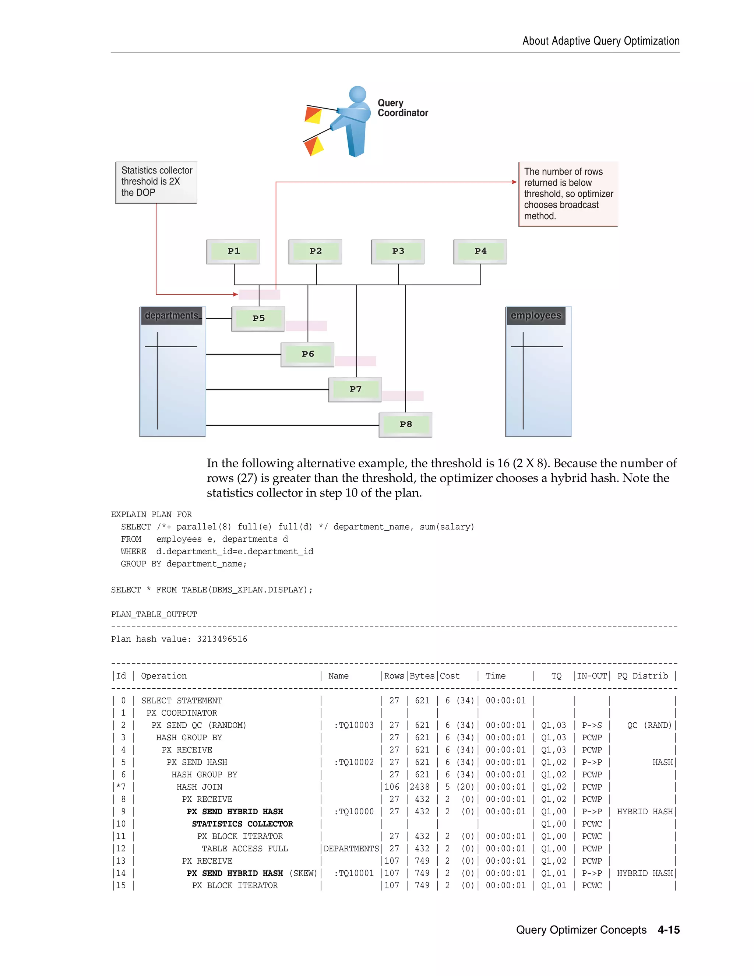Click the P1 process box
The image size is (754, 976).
pos(233,251)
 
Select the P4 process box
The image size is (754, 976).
pos(480,251)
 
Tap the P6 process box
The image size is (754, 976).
pos(307,354)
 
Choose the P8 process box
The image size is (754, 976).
pos(406,425)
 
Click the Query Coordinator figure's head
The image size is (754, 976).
pos(357,94)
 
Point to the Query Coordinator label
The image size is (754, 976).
pos(402,108)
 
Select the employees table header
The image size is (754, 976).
pos(536,316)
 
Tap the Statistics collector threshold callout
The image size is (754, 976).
pos(156,182)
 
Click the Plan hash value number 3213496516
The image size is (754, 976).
pos(222,639)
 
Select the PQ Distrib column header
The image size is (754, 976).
pos(642,676)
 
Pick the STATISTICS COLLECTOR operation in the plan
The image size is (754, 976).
pos(243,824)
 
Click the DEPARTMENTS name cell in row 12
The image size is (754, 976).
pos(351,849)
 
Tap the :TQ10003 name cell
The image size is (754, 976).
pos(354,725)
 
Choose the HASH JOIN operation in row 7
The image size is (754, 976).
pos(199,787)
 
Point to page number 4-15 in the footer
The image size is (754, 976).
pos(669,930)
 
